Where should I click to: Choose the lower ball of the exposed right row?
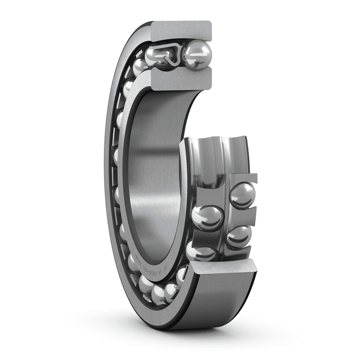238,236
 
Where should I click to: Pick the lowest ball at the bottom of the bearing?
159,294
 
